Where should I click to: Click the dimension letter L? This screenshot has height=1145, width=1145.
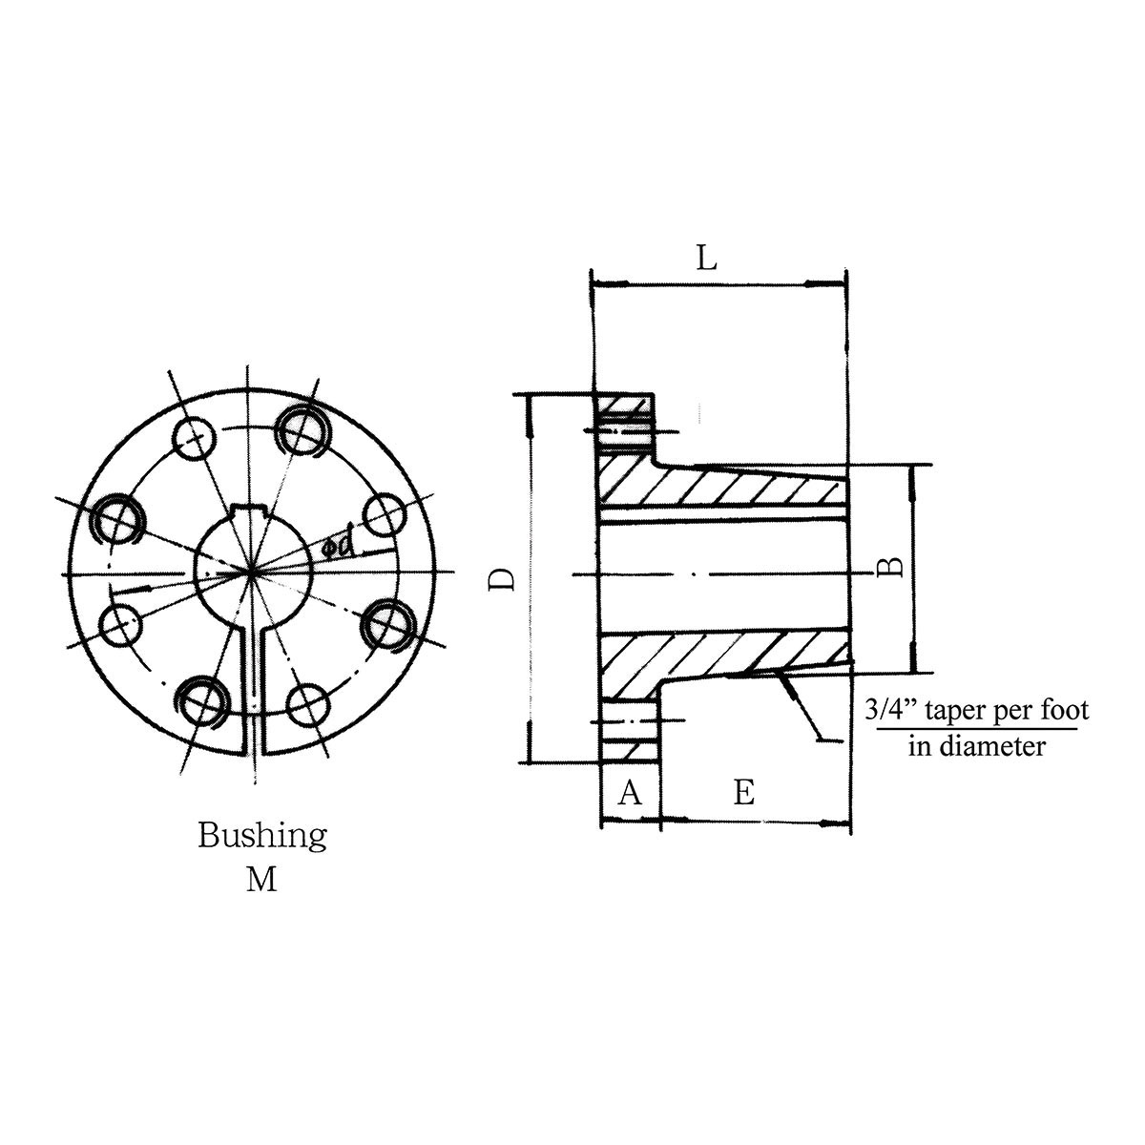click(706, 258)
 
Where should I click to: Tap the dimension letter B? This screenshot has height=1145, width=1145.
click(889, 568)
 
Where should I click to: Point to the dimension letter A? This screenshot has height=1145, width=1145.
click(629, 792)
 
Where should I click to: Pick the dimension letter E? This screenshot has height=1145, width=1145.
click(744, 792)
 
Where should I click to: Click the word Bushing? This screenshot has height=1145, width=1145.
click(262, 836)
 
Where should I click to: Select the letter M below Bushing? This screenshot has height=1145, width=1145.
click(261, 879)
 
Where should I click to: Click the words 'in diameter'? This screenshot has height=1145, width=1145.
click(976, 745)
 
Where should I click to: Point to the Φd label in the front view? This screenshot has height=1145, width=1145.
click(340, 546)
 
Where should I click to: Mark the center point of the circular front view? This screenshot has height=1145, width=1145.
click(253, 572)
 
